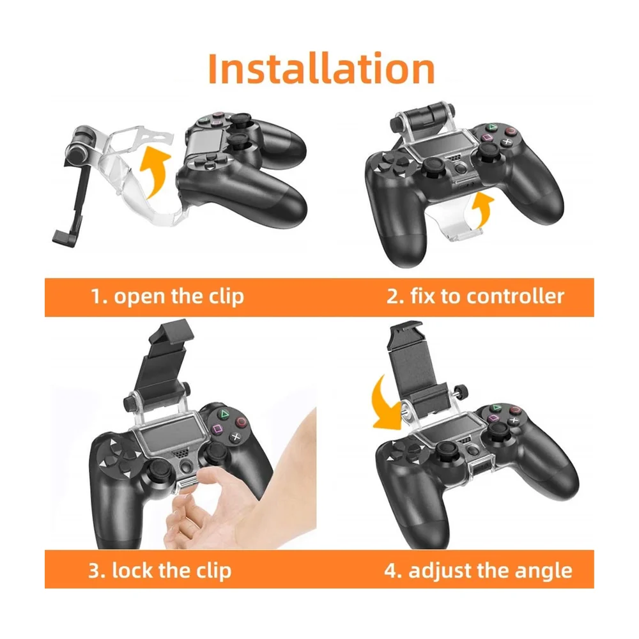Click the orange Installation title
pyautogui.click(x=321, y=69)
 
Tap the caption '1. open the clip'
pyautogui.click(x=167, y=296)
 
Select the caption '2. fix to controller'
pyautogui.click(x=475, y=296)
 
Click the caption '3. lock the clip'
pyautogui.click(x=160, y=570)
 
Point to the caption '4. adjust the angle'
pyautogui.click(x=478, y=571)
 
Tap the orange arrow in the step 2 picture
pyautogui.click(x=483, y=210)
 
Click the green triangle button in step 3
pyautogui.click(x=224, y=415)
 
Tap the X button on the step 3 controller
pyautogui.click(x=236, y=437)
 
